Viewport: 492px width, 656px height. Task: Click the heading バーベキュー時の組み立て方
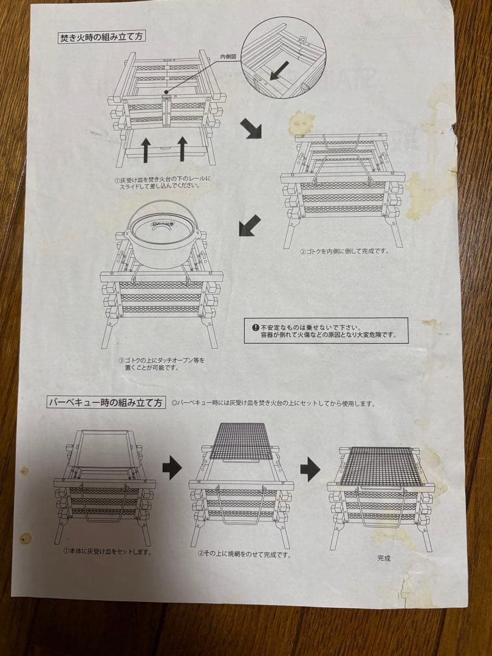point(106,402)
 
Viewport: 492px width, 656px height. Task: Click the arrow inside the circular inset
point(279,71)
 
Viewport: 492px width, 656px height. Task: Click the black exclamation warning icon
point(255,327)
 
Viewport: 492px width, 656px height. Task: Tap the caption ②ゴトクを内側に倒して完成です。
point(344,251)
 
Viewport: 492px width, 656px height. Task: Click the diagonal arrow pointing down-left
point(250,226)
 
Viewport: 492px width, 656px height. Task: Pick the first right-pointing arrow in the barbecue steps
point(172,468)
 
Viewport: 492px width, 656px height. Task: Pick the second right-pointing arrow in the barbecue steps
point(310,468)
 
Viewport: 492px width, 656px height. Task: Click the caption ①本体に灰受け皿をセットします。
point(108,552)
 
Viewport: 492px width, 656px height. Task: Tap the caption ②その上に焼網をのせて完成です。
point(244,554)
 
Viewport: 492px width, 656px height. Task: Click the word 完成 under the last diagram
point(384,558)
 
